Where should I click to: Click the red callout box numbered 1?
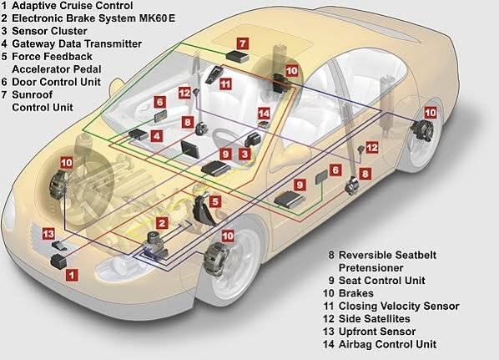click(72, 275)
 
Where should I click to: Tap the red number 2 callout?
click(162, 223)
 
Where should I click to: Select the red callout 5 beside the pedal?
click(215, 201)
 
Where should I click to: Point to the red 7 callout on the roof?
click(243, 43)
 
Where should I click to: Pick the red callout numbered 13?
click(48, 234)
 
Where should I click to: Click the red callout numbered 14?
click(264, 113)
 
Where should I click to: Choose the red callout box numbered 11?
click(225, 84)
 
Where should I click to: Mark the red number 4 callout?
click(157, 136)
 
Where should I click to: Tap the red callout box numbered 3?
click(244, 155)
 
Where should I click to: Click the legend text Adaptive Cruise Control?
click(73, 5)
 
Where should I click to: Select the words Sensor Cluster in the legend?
click(49, 31)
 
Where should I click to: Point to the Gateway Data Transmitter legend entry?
click(77, 43)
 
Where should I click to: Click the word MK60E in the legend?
click(157, 18)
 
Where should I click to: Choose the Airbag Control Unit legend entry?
click(388, 344)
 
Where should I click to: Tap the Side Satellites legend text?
click(374, 318)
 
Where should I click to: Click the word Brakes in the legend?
click(356, 293)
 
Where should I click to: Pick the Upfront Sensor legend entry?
click(377, 332)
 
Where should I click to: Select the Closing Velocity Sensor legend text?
click(399, 306)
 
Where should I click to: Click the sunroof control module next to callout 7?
click(238, 56)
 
